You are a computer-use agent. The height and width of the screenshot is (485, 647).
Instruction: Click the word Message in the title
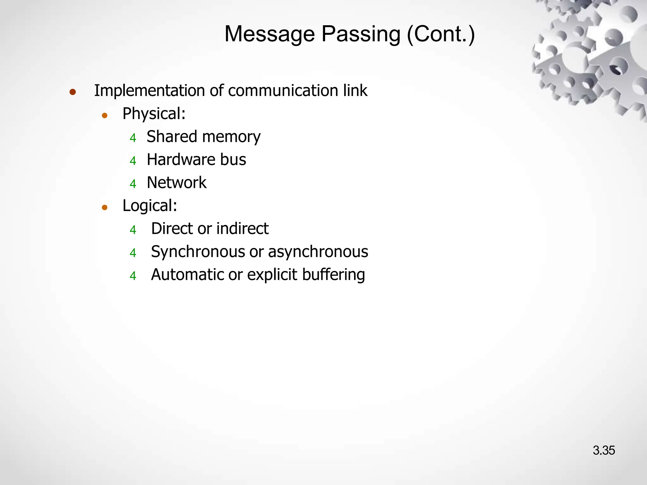pos(269,34)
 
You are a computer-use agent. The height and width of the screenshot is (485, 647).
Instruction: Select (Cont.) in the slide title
pos(441,34)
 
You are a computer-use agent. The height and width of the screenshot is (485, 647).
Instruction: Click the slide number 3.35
pos(603,451)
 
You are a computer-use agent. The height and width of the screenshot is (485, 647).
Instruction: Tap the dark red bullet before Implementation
pos(73,92)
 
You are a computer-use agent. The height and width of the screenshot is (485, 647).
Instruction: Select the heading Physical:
pos(154,114)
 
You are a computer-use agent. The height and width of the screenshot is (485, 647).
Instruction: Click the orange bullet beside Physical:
pos(105,116)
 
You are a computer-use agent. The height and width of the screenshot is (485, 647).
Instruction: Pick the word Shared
pos(172,137)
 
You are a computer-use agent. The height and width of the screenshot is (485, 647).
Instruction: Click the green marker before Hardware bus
pos(133,161)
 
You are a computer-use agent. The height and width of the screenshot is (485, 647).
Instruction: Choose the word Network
pos(177,183)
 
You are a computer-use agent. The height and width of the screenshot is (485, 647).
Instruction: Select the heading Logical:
pos(150,206)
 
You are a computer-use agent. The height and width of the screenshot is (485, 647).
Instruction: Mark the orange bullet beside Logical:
pos(105,208)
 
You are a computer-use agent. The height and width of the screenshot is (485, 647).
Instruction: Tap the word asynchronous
pos(318,252)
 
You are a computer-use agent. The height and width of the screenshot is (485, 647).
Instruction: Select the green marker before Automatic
pos(133,276)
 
